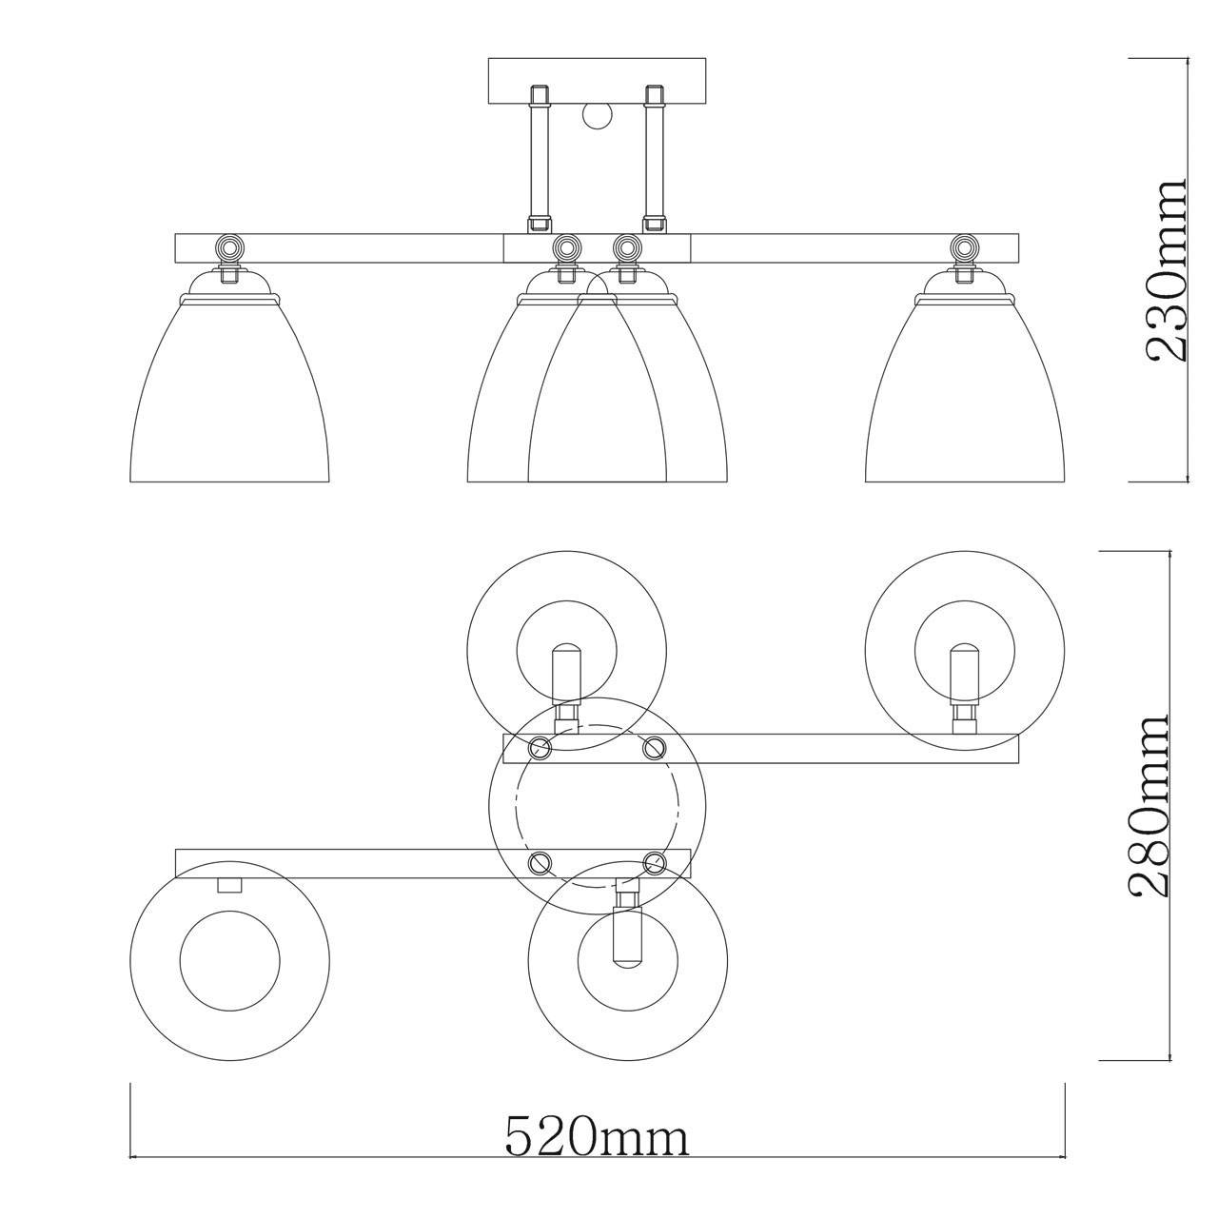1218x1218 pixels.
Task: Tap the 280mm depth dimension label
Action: [x=1147, y=806]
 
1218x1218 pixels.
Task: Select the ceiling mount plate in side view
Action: [x=597, y=82]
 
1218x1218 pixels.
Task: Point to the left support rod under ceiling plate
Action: [x=539, y=159]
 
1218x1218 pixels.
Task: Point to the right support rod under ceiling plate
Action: [x=653, y=159]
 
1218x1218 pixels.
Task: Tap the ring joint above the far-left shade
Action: [x=228, y=246]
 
